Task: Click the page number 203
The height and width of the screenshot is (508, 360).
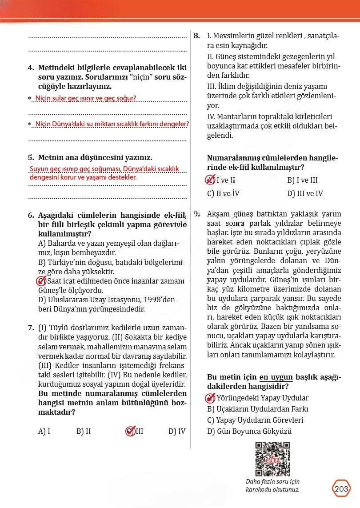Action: [341, 489]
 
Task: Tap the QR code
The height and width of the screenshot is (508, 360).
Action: [273, 458]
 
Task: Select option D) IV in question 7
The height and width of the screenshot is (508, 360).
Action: [177, 431]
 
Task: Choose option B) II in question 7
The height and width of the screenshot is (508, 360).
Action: [84, 431]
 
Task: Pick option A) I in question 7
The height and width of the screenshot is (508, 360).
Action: [44, 431]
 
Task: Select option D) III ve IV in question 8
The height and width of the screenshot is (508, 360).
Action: [305, 193]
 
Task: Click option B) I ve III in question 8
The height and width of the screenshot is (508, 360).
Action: [302, 180]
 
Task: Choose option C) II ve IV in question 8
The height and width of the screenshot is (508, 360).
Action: [224, 193]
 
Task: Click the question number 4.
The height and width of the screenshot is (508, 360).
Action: [31, 68]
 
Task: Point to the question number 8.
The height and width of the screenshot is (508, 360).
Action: [197, 36]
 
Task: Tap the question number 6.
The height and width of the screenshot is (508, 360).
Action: [31, 216]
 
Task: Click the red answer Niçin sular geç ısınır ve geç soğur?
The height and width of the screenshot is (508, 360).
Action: [85, 98]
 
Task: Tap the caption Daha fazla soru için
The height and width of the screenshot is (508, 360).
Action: [272, 482]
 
